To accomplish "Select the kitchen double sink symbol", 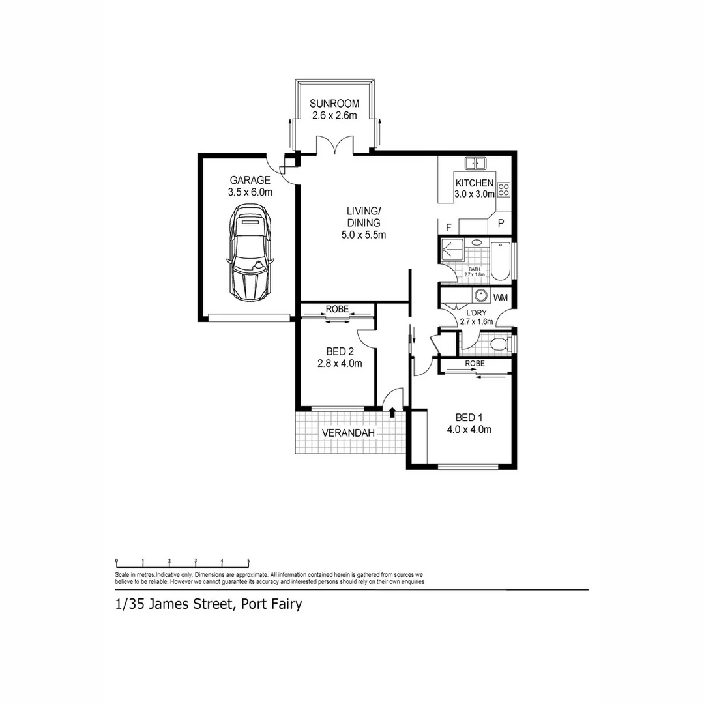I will tap(475, 163).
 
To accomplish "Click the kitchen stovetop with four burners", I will tap(504, 190).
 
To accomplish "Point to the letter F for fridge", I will tap(448, 227).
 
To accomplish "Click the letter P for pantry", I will tap(501, 224).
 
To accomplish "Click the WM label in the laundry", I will tap(501, 298).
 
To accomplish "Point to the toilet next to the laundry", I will tap(498, 344).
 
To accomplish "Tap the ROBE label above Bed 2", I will tap(337, 309).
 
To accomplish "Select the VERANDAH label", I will tap(349, 433).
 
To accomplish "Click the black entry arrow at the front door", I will tap(392, 412).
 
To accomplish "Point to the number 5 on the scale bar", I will tap(248, 561).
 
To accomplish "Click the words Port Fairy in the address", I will tap(271, 604).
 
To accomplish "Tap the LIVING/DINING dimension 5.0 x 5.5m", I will tap(364, 235).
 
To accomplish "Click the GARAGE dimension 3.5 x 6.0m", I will tap(250, 192).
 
